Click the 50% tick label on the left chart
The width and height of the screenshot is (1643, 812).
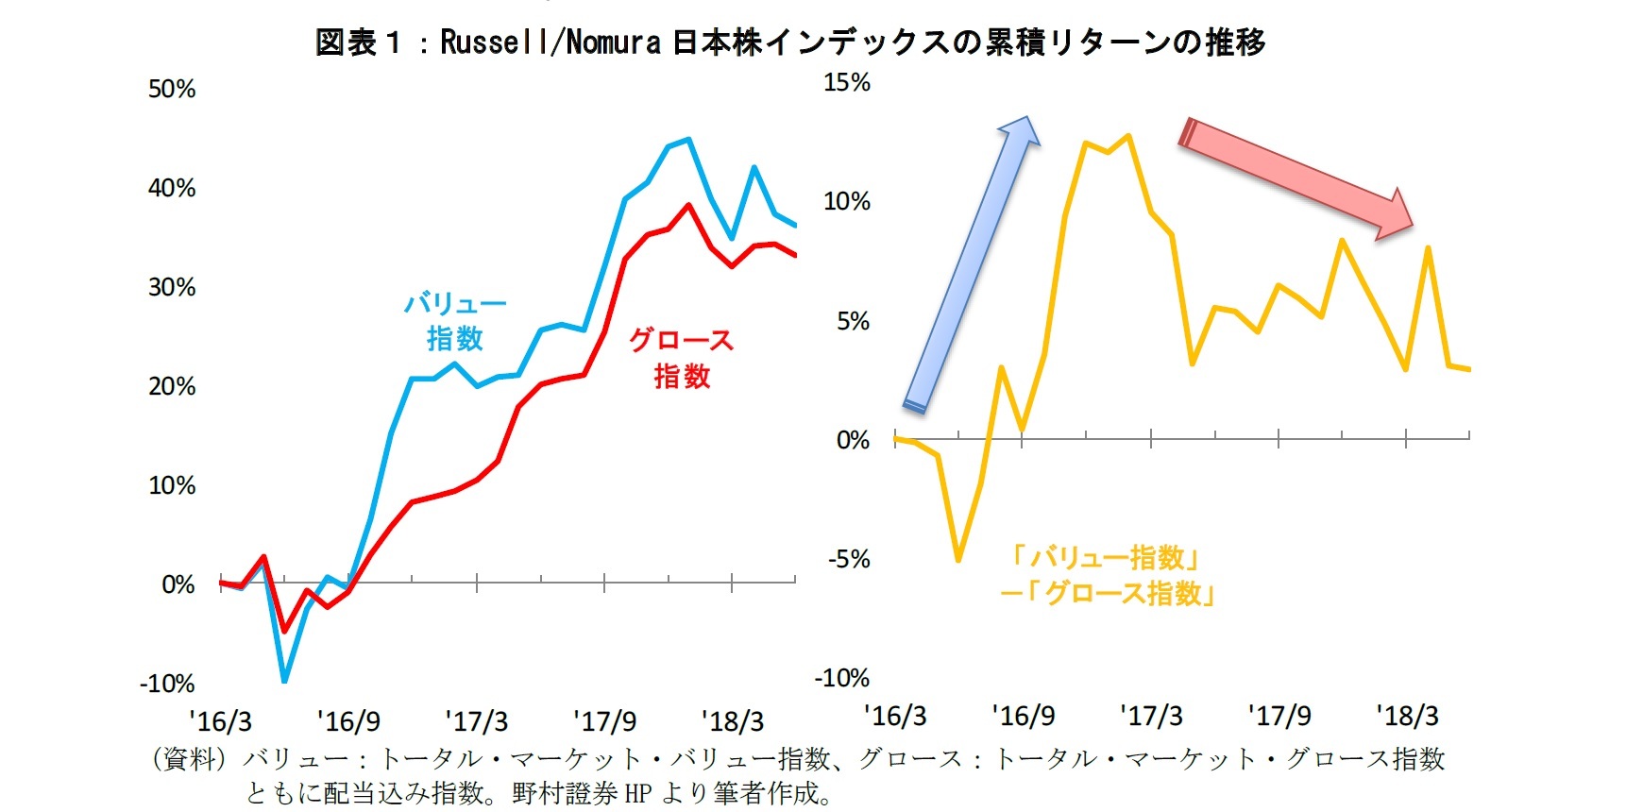(x=172, y=90)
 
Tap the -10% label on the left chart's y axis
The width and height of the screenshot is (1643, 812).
(x=167, y=684)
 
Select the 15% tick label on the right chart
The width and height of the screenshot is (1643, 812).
(x=846, y=83)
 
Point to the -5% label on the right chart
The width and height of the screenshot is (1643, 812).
(x=848, y=559)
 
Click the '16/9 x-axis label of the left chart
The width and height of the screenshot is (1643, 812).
(x=348, y=722)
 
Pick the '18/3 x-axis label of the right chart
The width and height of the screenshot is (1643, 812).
(x=1406, y=716)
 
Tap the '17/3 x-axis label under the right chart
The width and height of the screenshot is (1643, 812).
(x=1150, y=716)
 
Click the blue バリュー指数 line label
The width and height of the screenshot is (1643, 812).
(x=455, y=321)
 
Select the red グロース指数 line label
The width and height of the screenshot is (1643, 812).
(x=682, y=358)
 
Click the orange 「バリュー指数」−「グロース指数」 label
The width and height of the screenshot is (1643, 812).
(x=1107, y=575)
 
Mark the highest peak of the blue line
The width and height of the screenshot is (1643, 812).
(x=688, y=139)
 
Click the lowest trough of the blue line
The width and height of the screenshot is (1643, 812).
(x=284, y=680)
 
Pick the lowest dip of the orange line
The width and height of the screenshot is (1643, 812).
(x=958, y=560)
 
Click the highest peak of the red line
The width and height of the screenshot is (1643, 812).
(x=688, y=205)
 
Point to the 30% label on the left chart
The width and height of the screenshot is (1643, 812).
(x=172, y=287)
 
